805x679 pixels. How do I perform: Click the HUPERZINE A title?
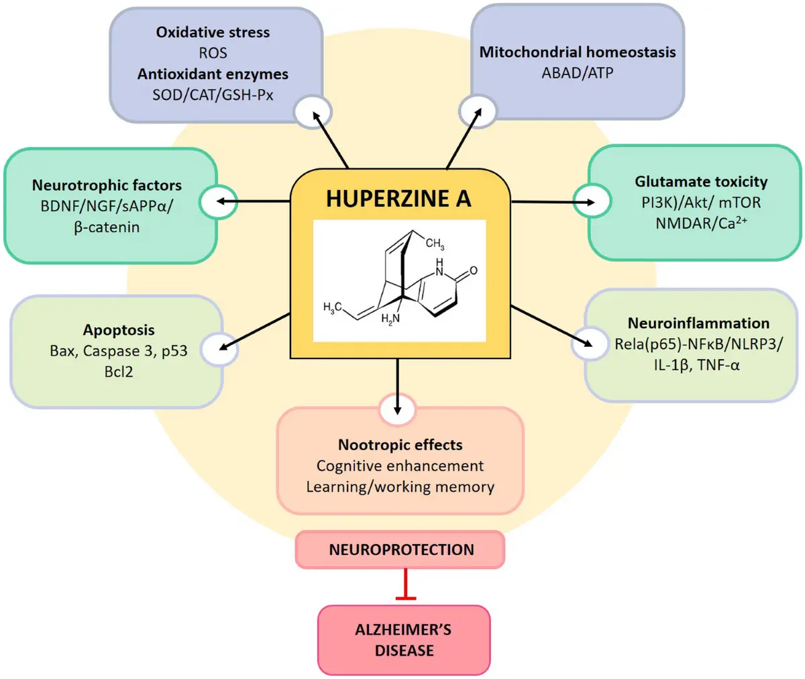398,199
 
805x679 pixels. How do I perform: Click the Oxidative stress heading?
213,32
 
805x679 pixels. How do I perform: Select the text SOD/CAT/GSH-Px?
213,95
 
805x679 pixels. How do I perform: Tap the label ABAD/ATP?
577,72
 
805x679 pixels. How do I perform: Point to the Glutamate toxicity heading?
701,181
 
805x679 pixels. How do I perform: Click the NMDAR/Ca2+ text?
701,223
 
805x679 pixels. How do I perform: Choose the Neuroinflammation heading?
698,323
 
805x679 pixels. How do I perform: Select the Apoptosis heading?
119,330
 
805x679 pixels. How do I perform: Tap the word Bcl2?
119,371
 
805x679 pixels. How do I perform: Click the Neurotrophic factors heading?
107,185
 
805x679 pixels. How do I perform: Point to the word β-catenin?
107,227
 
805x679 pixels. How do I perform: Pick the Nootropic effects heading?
400,445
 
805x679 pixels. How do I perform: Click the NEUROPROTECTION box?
400,550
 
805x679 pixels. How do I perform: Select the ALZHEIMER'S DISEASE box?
403,640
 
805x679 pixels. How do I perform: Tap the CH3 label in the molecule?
435,244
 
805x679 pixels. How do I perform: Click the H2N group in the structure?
390,319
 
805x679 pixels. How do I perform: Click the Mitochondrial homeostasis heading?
577,52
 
